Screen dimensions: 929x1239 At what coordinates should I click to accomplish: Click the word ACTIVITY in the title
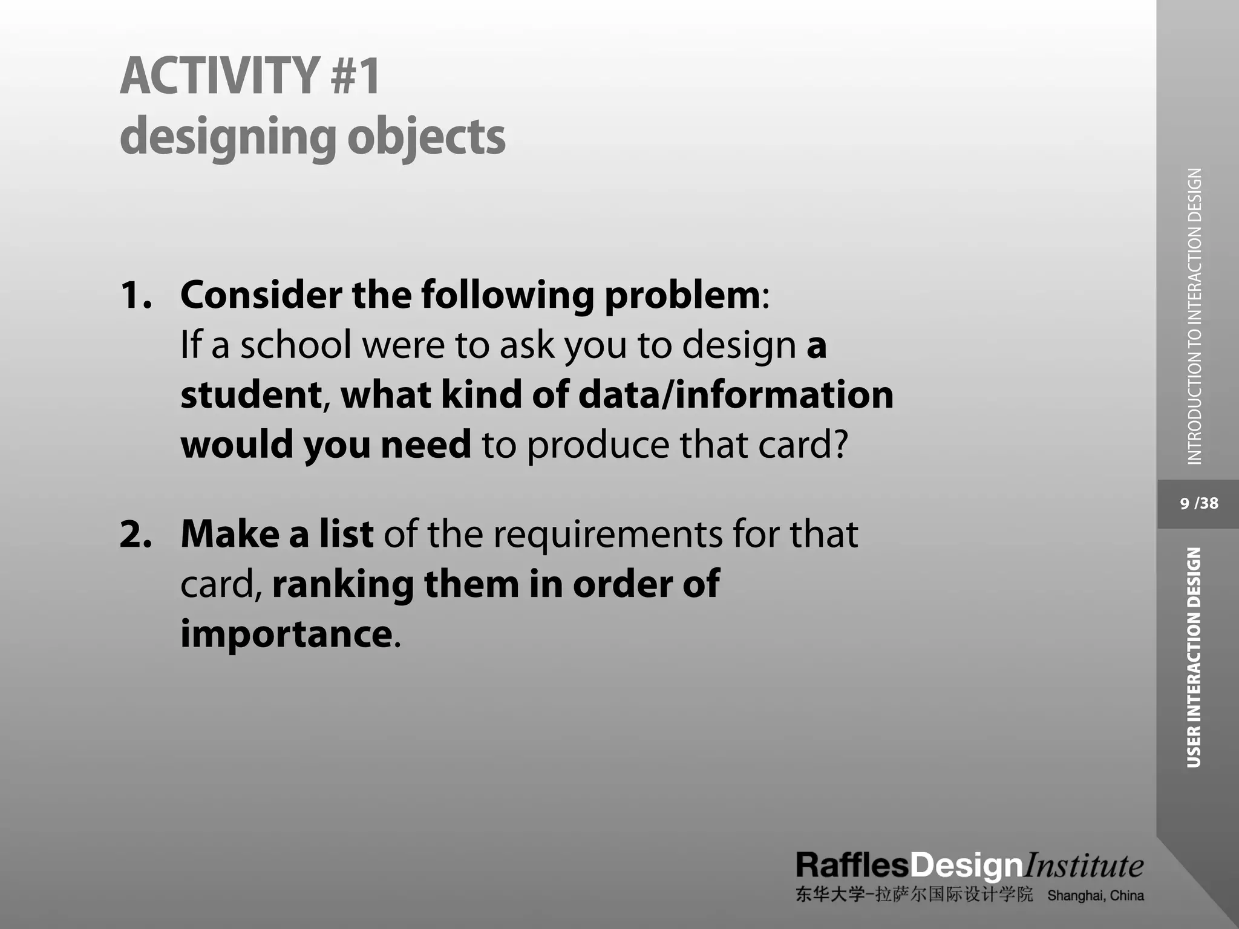[219, 76]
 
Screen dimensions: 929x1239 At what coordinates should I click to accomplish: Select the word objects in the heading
[426, 137]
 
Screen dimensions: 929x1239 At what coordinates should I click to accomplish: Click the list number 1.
[136, 295]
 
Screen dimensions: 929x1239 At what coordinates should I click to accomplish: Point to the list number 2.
[136, 535]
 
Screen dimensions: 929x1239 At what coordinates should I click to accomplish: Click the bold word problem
[682, 296]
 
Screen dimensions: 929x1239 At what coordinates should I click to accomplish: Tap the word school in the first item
[296, 345]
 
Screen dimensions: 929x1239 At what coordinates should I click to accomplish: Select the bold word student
[251, 394]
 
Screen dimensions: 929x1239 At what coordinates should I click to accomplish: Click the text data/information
[736, 394]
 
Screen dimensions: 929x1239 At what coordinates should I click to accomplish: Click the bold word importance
[286, 634]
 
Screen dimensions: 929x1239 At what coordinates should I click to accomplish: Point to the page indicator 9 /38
[1199, 503]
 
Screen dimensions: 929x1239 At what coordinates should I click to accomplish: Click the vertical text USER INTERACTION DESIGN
[1194, 657]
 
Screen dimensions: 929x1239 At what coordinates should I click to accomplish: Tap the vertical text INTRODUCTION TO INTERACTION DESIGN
[1194, 316]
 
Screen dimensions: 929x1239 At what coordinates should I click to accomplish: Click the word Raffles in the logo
[852, 865]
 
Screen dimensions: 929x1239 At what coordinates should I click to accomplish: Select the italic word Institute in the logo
[1083, 865]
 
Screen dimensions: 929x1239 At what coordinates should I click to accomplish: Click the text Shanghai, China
[1096, 896]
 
